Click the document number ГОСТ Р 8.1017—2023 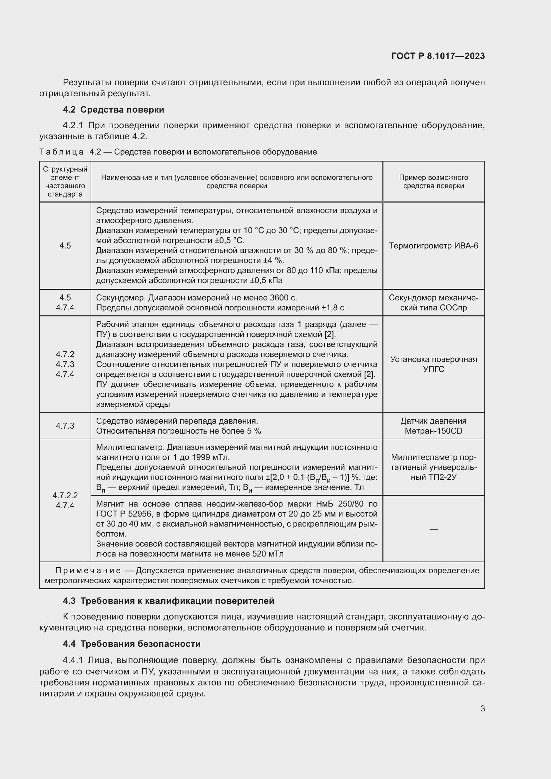(x=438, y=56)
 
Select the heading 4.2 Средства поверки (x=113, y=110)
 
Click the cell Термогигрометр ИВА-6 (x=433, y=246)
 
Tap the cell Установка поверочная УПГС (x=433, y=364)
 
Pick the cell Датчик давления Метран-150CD (x=433, y=426)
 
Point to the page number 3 (x=482, y=709)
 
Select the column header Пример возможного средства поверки (x=433, y=182)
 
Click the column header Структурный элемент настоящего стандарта (x=65, y=182)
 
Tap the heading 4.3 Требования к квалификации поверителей (x=168, y=601)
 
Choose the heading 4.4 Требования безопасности (x=132, y=644)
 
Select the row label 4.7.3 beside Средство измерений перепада (x=65, y=426)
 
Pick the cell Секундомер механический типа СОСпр (x=433, y=303)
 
